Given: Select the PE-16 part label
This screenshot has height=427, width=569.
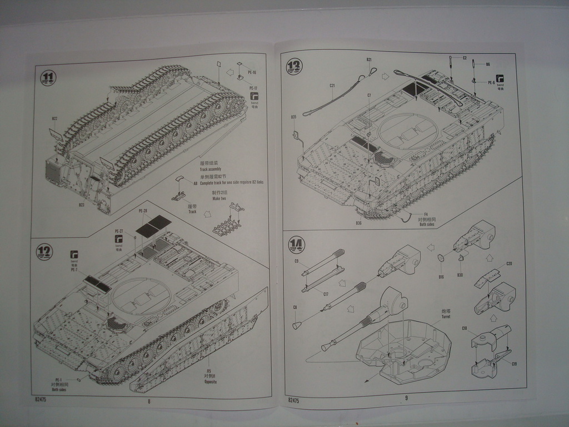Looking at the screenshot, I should [252, 73].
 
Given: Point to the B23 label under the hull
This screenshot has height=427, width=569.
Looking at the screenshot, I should [81, 205].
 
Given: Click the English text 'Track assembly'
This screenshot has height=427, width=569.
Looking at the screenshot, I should [211, 169].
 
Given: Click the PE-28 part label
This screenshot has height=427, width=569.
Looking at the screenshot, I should [143, 211].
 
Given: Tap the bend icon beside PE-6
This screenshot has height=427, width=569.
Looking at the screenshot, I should [500, 79].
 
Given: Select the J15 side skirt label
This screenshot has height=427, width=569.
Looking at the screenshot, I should [208, 371].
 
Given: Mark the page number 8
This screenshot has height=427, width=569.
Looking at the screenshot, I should [149, 401].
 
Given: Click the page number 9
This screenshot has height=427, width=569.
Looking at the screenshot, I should [406, 397].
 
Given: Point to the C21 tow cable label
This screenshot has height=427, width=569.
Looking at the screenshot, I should [332, 86].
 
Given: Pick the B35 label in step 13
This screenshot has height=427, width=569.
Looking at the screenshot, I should [293, 117].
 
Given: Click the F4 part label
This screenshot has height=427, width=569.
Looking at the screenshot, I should [426, 215].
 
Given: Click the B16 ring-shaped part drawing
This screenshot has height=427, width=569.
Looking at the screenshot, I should [441, 258].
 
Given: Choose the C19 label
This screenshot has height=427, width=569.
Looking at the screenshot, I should [515, 364].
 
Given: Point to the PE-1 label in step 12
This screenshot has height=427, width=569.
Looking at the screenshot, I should [59, 379].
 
